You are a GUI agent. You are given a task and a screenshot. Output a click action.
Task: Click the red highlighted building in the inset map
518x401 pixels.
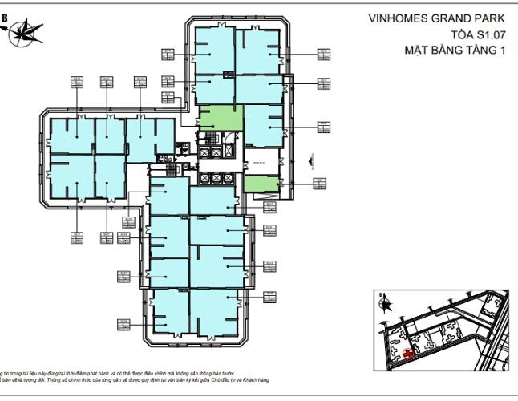click(410, 352)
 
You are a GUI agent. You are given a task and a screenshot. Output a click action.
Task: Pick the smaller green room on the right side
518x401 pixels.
click(261, 184)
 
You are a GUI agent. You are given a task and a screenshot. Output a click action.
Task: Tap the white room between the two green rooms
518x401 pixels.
click(261, 161)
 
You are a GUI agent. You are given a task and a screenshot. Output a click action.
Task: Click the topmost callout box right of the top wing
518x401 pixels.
click(324, 54)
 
